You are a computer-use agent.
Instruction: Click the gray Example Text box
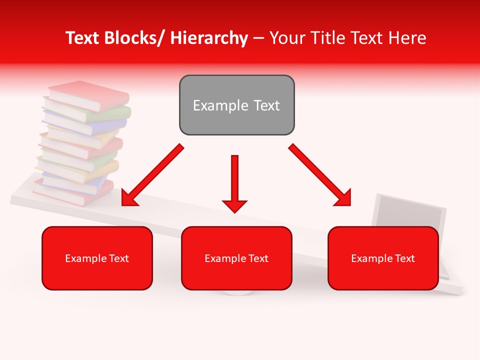pyautogui.click(x=236, y=105)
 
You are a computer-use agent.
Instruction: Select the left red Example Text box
pyautogui.click(x=97, y=258)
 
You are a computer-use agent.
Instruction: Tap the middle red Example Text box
pyautogui.click(x=236, y=258)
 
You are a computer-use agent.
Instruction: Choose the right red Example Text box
pyautogui.click(x=383, y=258)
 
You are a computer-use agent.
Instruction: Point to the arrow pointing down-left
pyautogui.click(x=152, y=175)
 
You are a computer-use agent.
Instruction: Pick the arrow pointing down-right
pyautogui.click(x=320, y=175)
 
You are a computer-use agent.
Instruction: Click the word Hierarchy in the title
pyautogui.click(x=209, y=38)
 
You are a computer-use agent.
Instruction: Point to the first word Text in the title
pyautogui.click(x=84, y=38)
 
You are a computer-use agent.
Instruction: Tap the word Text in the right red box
pyautogui.click(x=404, y=258)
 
